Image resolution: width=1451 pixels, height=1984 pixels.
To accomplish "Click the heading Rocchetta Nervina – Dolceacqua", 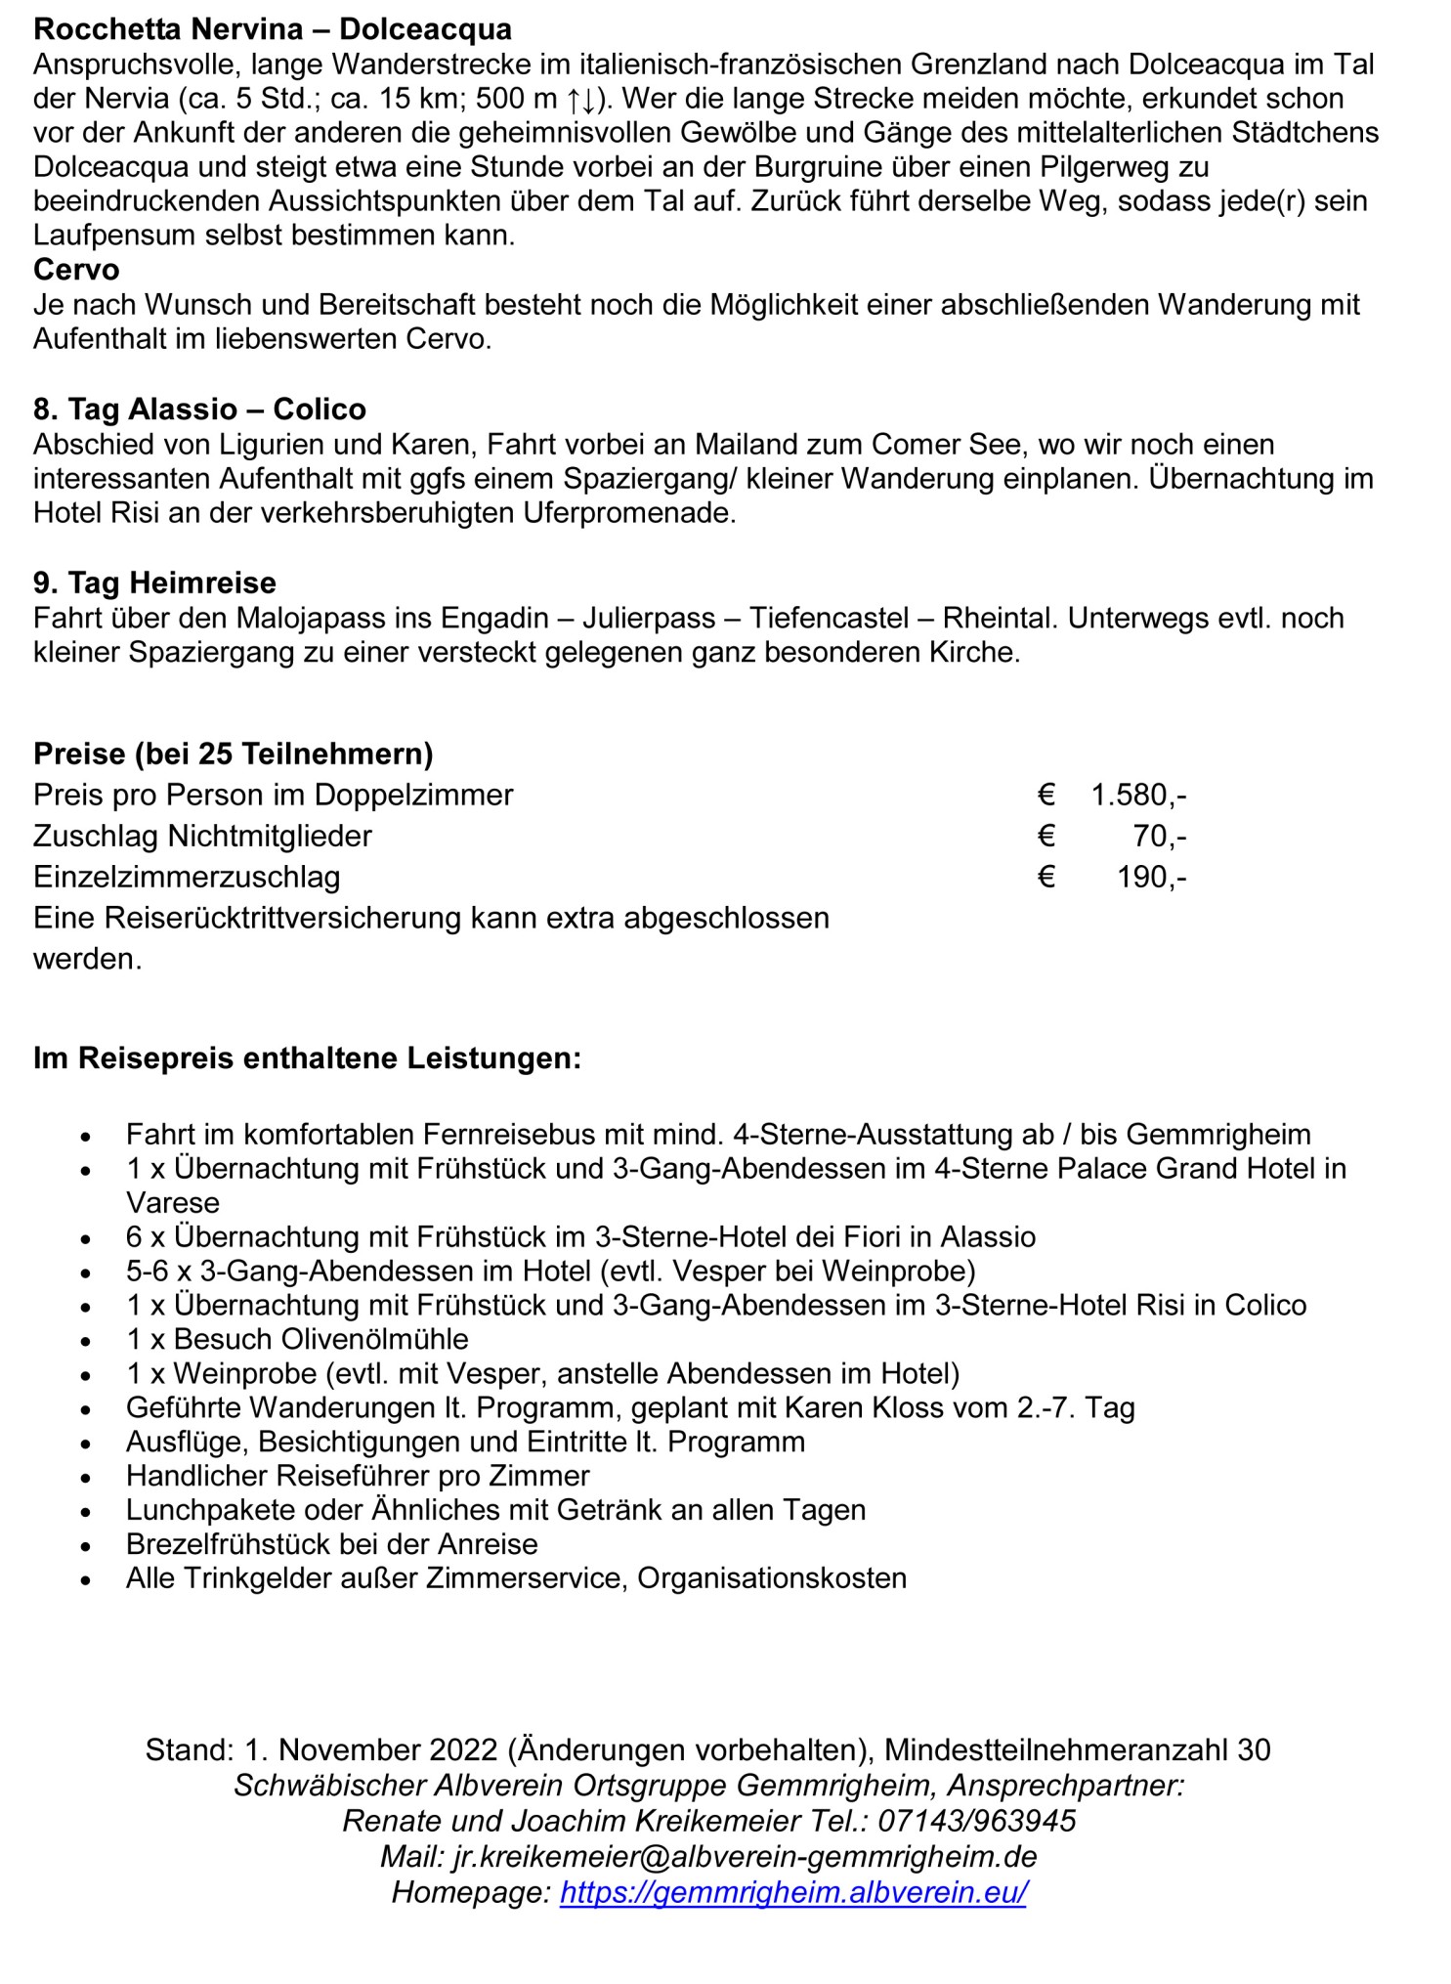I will pos(272,29).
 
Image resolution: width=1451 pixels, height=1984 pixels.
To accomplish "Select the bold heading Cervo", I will pos(76,270).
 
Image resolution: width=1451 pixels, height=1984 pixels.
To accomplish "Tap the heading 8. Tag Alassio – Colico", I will pos(199,409).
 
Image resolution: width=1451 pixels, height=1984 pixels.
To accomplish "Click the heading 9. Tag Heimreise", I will pos(154,582).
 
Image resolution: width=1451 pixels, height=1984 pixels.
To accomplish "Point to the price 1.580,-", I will pos(1138,795).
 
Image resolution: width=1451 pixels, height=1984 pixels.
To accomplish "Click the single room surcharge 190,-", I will pos(1151,877).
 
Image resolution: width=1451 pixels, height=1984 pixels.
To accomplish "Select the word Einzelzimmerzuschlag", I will pos(187,877).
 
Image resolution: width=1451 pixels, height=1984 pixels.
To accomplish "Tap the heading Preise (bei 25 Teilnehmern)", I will pos(233,754).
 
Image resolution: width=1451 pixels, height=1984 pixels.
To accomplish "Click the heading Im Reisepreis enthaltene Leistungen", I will pos(307,1057).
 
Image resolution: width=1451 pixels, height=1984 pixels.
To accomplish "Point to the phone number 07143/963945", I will pos(976,1821).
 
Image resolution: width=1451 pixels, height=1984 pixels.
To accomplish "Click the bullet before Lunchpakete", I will pos(87,1511).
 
